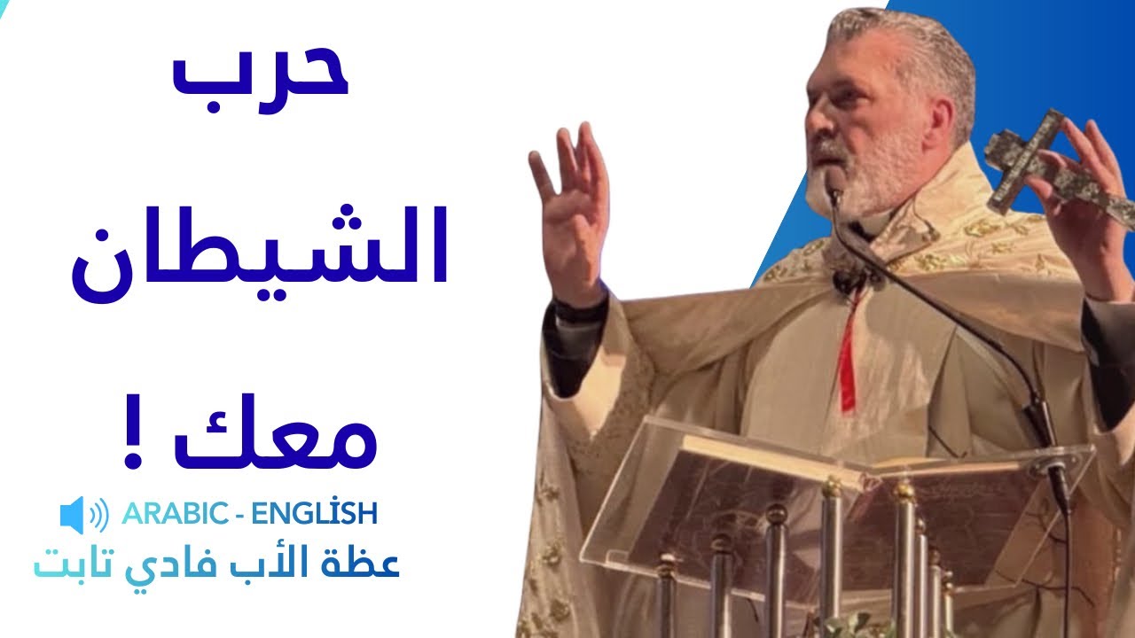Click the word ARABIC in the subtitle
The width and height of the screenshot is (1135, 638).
coord(171,513)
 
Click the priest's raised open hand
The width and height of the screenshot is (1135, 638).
coord(572,213)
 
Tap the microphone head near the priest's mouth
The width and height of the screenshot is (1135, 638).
coord(834,183)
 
